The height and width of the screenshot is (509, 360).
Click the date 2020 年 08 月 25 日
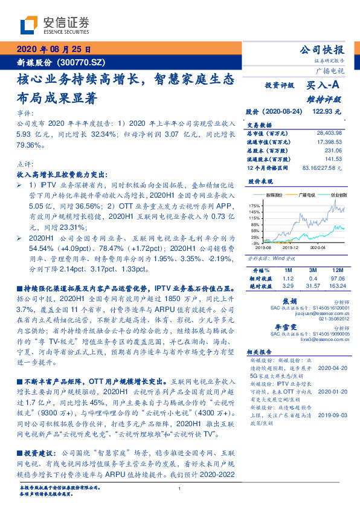tap(54, 50)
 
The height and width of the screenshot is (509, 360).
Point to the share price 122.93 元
tap(327, 112)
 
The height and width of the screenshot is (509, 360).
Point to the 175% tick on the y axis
tap(254, 206)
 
